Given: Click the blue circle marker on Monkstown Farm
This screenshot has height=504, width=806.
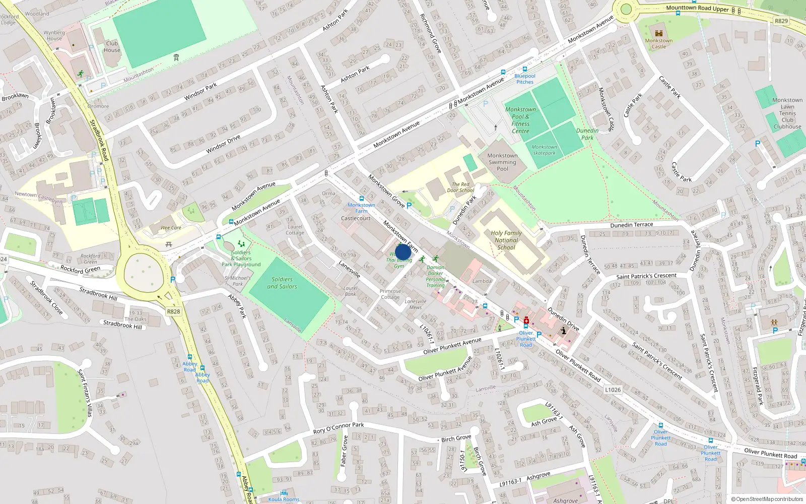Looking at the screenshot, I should pyautogui.click(x=402, y=252).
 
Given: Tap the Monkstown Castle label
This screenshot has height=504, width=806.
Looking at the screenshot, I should pyautogui.click(x=658, y=44).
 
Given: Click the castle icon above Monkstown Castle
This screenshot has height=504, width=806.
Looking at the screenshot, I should pyautogui.click(x=658, y=33).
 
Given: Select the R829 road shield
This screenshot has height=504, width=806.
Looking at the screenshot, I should pyautogui.click(x=781, y=21).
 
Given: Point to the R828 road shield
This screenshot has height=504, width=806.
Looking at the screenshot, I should pyautogui.click(x=173, y=311).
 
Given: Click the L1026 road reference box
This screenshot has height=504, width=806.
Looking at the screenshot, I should pyautogui.click(x=613, y=390).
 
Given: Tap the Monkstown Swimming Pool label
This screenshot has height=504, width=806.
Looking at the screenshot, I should pyautogui.click(x=502, y=162).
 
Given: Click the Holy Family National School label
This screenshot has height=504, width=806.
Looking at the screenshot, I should pyautogui.click(x=506, y=240).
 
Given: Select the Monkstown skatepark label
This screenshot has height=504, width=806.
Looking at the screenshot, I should pyautogui.click(x=545, y=150).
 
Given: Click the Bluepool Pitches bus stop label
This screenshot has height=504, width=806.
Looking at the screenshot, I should pyautogui.click(x=525, y=79).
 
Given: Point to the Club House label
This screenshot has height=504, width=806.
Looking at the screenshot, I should pyautogui.click(x=112, y=46).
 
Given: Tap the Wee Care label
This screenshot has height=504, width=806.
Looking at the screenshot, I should pyautogui.click(x=171, y=228).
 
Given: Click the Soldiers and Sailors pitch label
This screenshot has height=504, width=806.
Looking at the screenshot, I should pyautogui.click(x=282, y=283).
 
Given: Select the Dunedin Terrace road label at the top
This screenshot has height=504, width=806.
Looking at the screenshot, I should pyautogui.click(x=631, y=225).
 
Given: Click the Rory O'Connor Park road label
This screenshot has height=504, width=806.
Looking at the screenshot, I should pyautogui.click(x=339, y=428).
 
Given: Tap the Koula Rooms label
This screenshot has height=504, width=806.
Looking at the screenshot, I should pyautogui.click(x=284, y=499).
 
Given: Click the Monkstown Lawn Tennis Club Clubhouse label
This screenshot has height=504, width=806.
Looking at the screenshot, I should pyautogui.click(x=787, y=113).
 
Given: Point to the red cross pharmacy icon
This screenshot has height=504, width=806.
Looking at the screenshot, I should pyautogui.click(x=526, y=321).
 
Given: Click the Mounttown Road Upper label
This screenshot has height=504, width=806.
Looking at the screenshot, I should pyautogui.click(x=697, y=8).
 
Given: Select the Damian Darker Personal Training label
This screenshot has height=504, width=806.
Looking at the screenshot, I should pyautogui.click(x=435, y=277).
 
